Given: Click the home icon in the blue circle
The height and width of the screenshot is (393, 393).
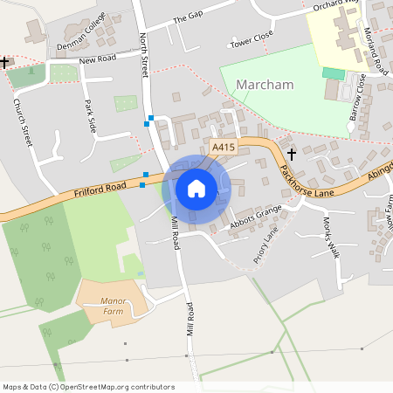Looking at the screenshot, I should point(196,188).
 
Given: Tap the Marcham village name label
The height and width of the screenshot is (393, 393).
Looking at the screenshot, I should point(265,85).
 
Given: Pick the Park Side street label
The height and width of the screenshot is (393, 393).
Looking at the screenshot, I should point(90,116).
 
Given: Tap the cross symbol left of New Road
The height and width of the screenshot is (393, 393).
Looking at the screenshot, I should point(5,62).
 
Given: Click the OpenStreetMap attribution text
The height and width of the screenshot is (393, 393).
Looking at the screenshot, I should point(87,387).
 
